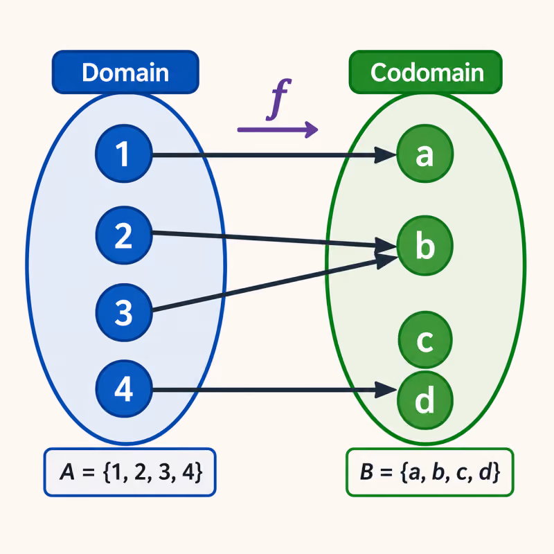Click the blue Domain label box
click(125, 72)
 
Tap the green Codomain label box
click(425, 72)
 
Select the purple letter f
click(279, 99)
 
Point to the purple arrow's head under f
click(311, 129)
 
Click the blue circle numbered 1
click(124, 154)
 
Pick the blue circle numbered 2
click(124, 235)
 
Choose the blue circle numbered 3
click(124, 312)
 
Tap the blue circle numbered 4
click(124, 388)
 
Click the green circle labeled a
click(425, 154)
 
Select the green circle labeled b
click(425, 245)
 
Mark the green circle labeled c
click(425, 340)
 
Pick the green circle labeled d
click(425, 401)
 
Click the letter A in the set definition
click(67, 472)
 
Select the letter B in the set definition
click(367, 472)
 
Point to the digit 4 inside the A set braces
click(188, 472)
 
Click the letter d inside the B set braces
click(486, 472)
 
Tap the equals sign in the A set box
click(89, 472)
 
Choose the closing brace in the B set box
click(497, 472)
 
